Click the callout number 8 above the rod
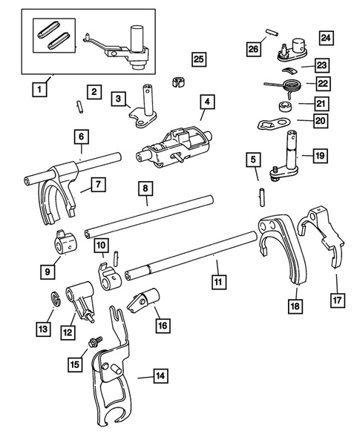click(x=143, y=189)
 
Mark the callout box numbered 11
click(x=217, y=283)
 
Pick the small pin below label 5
click(x=264, y=194)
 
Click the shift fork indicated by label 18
click(x=282, y=245)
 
